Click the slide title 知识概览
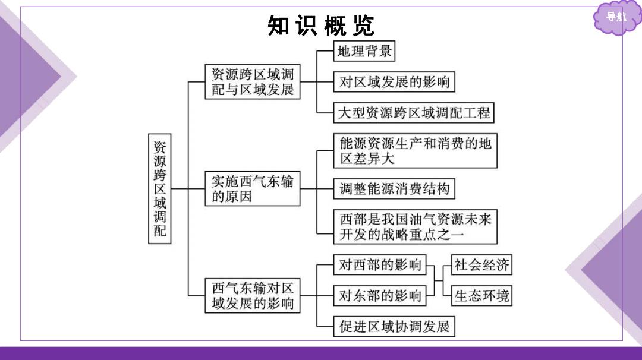click(320, 26)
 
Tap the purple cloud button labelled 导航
click(616, 17)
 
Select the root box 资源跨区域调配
click(160, 188)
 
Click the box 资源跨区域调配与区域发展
click(253, 82)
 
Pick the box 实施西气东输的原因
click(253, 188)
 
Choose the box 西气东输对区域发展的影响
click(253, 296)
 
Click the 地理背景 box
click(364, 51)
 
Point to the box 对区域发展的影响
click(394, 82)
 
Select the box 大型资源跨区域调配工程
click(414, 112)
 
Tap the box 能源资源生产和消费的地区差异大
click(416, 150)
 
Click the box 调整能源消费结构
click(394, 188)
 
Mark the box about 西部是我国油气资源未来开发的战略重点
click(416, 227)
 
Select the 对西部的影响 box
click(380, 265)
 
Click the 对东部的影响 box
click(380, 295)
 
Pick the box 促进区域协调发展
click(394, 327)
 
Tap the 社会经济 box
click(481, 265)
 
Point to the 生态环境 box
click(481, 295)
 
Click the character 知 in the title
click(279, 26)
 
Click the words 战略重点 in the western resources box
click(410, 235)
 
